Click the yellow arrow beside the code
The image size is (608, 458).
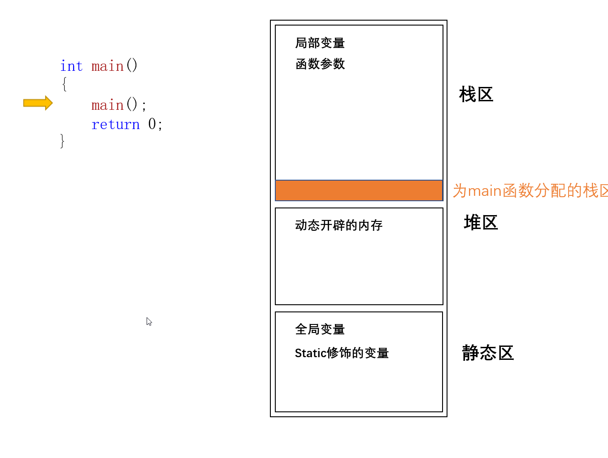(38, 103)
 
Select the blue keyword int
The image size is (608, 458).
(71, 66)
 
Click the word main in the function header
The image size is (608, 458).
(107, 66)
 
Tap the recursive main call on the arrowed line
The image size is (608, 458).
(107, 105)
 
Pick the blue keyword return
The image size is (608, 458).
(115, 125)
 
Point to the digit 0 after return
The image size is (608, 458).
(152, 124)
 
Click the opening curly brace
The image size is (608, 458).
(64, 84)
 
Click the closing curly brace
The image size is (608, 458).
(62, 141)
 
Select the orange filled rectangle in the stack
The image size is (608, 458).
(359, 190)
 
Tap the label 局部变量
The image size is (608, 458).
(320, 43)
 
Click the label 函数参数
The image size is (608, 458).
(320, 64)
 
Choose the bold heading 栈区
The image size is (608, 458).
(476, 95)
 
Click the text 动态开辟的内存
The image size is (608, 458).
(339, 225)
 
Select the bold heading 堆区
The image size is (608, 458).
(481, 223)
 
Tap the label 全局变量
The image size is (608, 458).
(320, 329)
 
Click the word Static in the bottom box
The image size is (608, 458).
(310, 353)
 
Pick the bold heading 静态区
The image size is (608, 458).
(487, 353)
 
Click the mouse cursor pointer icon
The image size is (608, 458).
(149, 321)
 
